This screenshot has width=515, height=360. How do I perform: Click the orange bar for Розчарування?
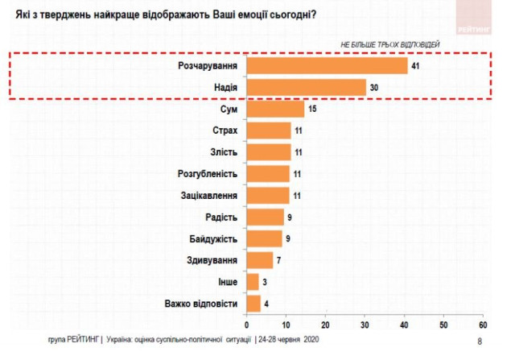[327, 65]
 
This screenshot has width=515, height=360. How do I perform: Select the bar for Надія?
[306, 87]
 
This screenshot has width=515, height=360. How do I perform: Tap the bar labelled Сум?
[275, 109]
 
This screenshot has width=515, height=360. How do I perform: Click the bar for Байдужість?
[264, 238]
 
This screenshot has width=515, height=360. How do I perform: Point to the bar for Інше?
[253, 282]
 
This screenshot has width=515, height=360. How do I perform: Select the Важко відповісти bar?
[254, 304]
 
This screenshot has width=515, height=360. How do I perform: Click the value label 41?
[416, 65]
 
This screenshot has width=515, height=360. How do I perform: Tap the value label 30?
[373, 87]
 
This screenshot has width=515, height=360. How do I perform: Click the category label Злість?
[223, 152]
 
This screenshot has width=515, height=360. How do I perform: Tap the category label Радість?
[221, 217]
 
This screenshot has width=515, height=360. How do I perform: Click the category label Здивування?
[213, 260]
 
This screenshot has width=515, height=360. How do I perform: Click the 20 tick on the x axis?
[325, 325]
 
